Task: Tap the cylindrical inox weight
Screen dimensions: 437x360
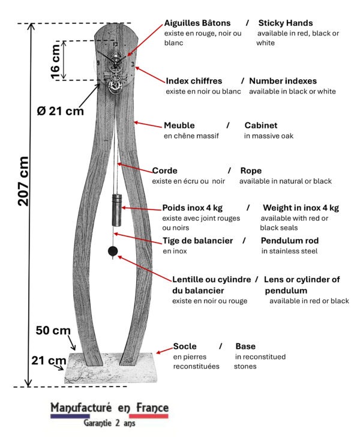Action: pyautogui.click(x=116, y=208)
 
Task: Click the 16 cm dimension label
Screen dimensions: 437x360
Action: pyautogui.click(x=55, y=60)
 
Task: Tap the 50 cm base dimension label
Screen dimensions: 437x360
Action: pyautogui.click(x=53, y=331)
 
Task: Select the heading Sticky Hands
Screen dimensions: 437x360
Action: pyautogui.click(x=285, y=23)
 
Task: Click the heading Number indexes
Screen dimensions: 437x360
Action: pyautogui.click(x=283, y=81)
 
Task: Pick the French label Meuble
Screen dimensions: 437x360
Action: pyautogui.click(x=179, y=125)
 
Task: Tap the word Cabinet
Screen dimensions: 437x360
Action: pyautogui.click(x=260, y=125)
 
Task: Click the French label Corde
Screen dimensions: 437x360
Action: pyautogui.click(x=165, y=170)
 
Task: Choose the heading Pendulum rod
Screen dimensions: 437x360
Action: pyautogui.click(x=290, y=241)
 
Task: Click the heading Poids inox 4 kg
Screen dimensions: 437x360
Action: pyautogui.click(x=192, y=208)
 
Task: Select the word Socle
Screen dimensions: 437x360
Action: pyautogui.click(x=185, y=346)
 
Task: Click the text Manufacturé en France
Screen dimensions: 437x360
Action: pyautogui.click(x=109, y=408)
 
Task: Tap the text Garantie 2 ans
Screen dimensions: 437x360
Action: pyautogui.click(x=110, y=423)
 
